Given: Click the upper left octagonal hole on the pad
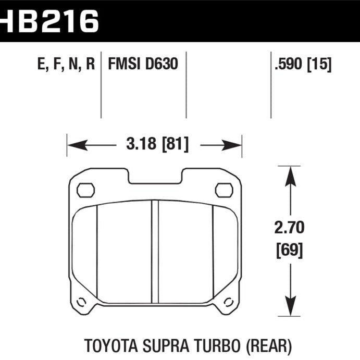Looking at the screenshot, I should point(85,190).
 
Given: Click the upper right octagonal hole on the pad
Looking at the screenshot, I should point(224,190).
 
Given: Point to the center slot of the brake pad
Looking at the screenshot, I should point(154,250).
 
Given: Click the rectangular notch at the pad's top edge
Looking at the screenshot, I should point(154,177).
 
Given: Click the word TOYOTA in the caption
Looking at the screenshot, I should point(111,345).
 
